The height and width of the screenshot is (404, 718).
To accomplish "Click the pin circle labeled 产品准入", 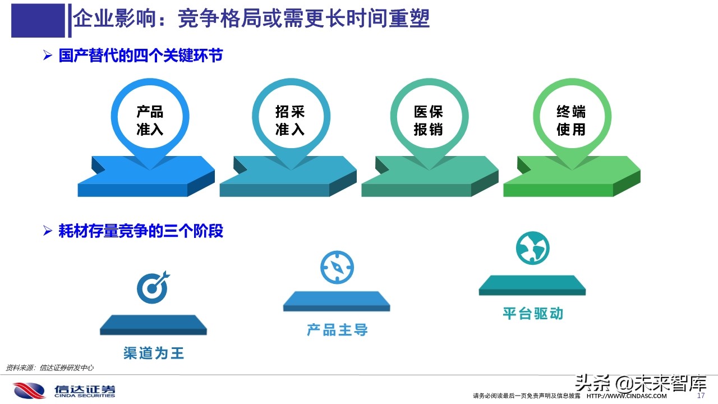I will tap(150, 120).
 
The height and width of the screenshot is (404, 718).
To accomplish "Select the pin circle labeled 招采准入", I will tap(290, 120).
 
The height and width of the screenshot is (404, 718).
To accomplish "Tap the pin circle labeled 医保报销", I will tap(429, 120).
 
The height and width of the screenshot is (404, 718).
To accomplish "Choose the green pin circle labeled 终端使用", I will tap(571, 120).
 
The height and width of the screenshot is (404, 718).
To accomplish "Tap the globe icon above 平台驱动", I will tap(532, 248).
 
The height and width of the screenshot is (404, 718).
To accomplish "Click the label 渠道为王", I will tap(154, 353).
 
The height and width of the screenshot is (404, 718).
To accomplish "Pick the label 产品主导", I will tap(337, 329).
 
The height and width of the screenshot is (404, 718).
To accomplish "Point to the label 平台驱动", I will tap(532, 313).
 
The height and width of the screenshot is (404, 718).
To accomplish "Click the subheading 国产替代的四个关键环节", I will tap(140, 56).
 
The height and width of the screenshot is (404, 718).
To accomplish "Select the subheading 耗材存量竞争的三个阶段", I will tap(140, 231).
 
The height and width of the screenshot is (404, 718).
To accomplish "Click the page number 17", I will tap(700, 396).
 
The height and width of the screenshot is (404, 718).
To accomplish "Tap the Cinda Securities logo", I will tap(65, 390).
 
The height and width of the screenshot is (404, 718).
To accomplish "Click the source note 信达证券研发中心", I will tap(49, 368).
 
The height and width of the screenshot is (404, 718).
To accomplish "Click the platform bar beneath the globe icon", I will tap(532, 285).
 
